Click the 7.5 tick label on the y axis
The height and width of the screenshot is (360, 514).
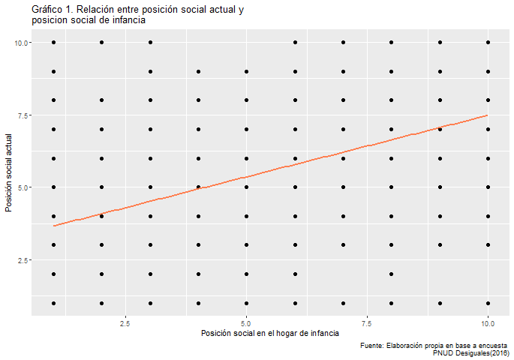point(23,115)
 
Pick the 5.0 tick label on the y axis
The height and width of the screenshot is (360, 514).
point(23,187)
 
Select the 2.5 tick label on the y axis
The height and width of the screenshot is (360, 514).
point(23,259)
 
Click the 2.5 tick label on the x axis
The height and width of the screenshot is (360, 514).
point(125,322)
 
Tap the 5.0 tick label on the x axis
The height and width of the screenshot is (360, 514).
point(246,322)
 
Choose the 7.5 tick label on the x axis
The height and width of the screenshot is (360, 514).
point(367,322)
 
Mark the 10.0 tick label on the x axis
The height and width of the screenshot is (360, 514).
point(488,322)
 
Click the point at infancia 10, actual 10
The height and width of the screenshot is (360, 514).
point(488,43)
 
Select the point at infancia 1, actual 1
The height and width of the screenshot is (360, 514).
point(54,303)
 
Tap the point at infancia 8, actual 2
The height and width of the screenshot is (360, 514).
point(392,274)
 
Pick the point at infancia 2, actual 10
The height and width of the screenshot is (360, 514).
point(102,43)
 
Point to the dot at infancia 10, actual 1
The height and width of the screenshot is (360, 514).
point(488,303)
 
